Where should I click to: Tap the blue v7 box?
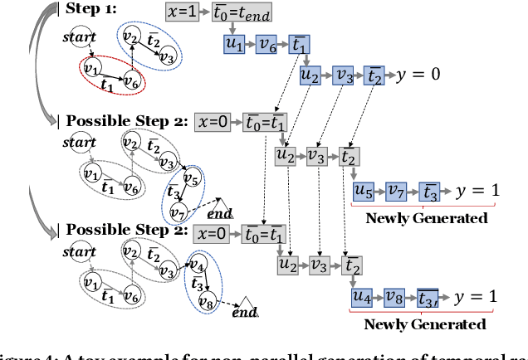pyautogui.click(x=397, y=191)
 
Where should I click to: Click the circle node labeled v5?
pyautogui.click(x=192, y=178)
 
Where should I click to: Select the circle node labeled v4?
pyautogui.click(x=198, y=266)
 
